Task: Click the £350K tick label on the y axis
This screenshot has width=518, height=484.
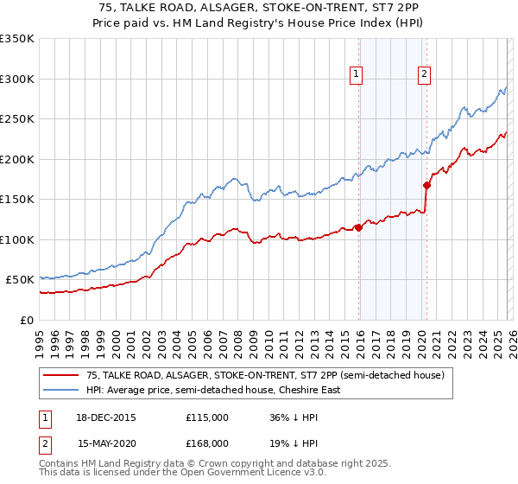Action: (x=17, y=39)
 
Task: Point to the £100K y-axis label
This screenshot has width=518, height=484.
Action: (x=17, y=239)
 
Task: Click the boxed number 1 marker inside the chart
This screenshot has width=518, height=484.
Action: (x=356, y=75)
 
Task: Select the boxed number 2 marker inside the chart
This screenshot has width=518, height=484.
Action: (x=425, y=75)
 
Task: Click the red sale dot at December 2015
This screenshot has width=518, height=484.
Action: (x=359, y=228)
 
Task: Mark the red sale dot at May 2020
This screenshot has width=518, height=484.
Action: (x=426, y=185)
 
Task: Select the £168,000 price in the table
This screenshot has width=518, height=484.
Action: (x=206, y=443)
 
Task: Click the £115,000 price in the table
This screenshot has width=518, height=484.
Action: (x=206, y=417)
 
